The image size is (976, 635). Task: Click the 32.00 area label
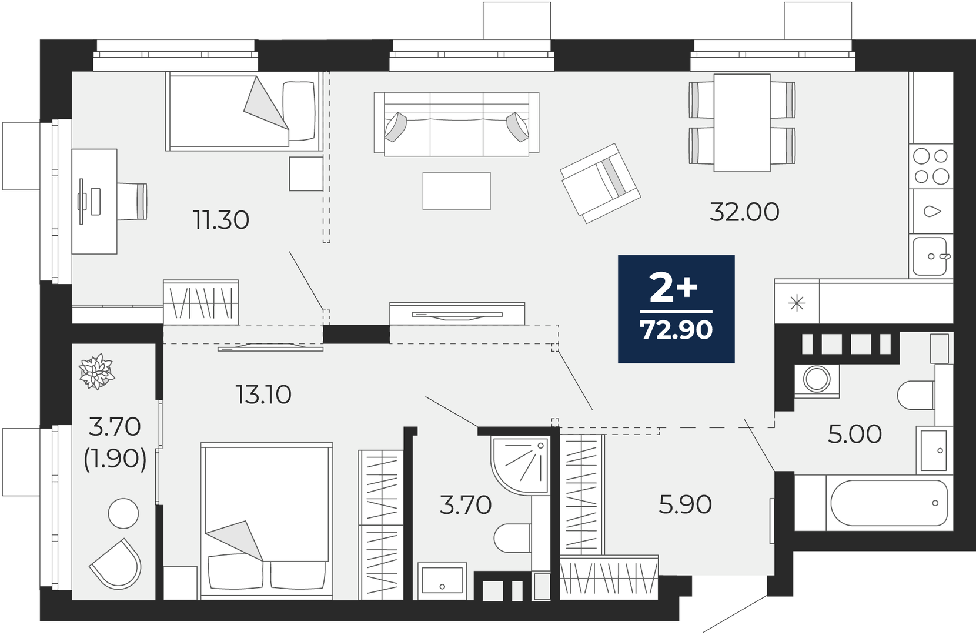(744, 212)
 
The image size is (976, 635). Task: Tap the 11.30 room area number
(221, 220)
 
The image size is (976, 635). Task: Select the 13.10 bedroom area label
(263, 395)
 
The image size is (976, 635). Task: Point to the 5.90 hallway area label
(685, 504)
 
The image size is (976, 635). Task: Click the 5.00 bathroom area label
(854, 434)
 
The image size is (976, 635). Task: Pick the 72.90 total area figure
(676, 329)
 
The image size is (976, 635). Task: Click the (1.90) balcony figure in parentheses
(115, 458)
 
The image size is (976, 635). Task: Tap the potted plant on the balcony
(97, 372)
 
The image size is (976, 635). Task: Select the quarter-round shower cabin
(519, 466)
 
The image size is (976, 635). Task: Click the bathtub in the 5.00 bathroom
(889, 503)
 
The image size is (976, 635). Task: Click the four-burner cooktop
(931, 166)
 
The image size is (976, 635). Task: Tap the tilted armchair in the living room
(600, 183)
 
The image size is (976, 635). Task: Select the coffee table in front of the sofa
(457, 191)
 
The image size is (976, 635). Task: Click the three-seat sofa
(456, 124)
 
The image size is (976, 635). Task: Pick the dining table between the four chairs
(742, 123)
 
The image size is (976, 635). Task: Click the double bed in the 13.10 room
(267, 521)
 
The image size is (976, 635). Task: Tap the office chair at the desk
(132, 201)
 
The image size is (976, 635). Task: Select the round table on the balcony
(123, 514)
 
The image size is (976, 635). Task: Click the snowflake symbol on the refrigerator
(797, 303)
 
